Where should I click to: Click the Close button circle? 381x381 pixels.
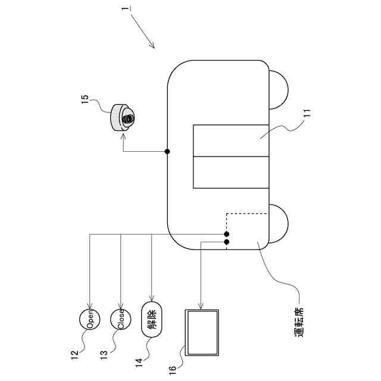pos(121,321)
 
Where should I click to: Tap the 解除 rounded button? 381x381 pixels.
pos(152,321)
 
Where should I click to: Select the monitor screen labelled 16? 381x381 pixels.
pos(202,332)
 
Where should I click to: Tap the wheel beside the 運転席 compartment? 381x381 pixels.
pos(279,223)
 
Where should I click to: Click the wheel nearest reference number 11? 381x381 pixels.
pos(279,89)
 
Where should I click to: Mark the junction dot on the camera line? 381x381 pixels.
pos(167,151)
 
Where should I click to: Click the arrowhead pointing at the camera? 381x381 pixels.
pos(124,136)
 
